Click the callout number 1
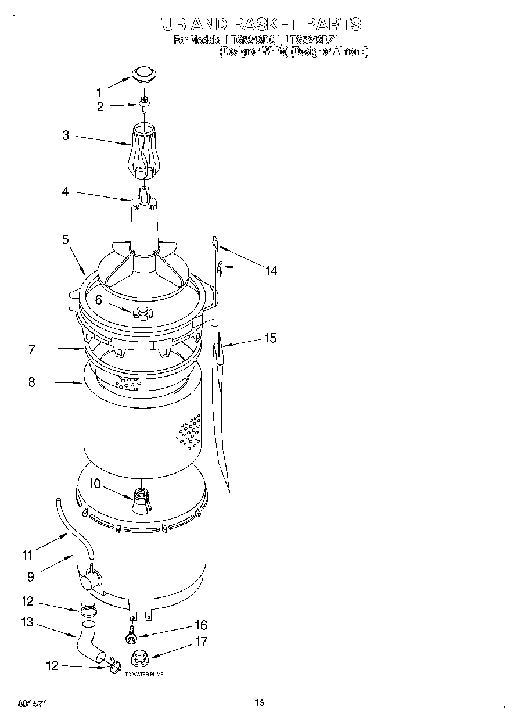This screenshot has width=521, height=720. coord(99,92)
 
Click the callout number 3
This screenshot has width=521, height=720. coord(66,135)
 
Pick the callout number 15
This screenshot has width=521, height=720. coord(270,338)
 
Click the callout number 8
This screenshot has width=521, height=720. coord(31,382)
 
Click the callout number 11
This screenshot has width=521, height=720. coord(27,555)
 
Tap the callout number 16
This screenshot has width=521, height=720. coord(200,625)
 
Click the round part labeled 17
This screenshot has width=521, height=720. coord(140,659)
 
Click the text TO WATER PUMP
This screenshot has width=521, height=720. coord(143,675)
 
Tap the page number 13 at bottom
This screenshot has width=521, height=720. coord(259,703)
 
